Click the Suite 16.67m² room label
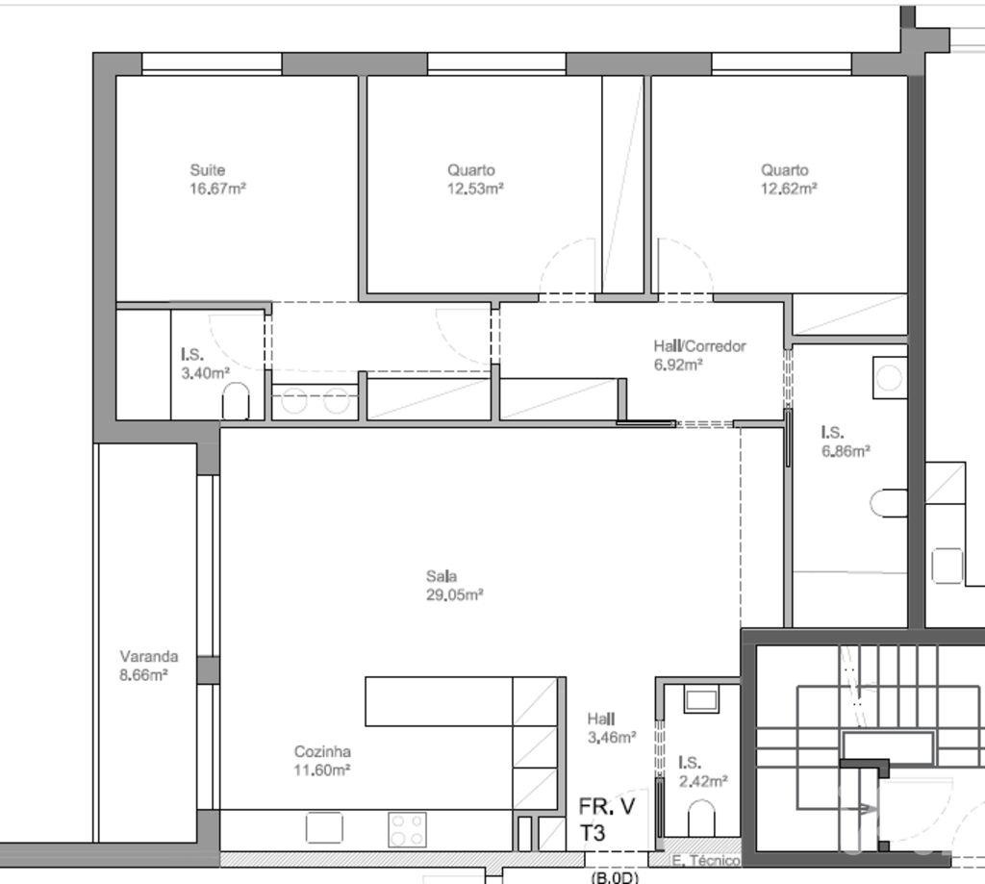[217, 180]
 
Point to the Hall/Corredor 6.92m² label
[698, 355]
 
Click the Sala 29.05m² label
[454, 586]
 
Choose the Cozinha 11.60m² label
[322, 761]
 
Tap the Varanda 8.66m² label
[148, 666]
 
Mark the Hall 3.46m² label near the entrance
[611, 728]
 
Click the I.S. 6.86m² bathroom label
[846, 442]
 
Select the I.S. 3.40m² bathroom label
[205, 364]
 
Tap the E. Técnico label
[705, 861]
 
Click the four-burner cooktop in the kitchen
[407, 829]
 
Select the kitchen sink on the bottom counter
[324, 828]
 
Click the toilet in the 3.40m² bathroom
[236, 402]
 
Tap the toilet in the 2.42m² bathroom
[702, 820]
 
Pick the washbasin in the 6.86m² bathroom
[889, 378]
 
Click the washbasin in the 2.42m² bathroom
[702, 698]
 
